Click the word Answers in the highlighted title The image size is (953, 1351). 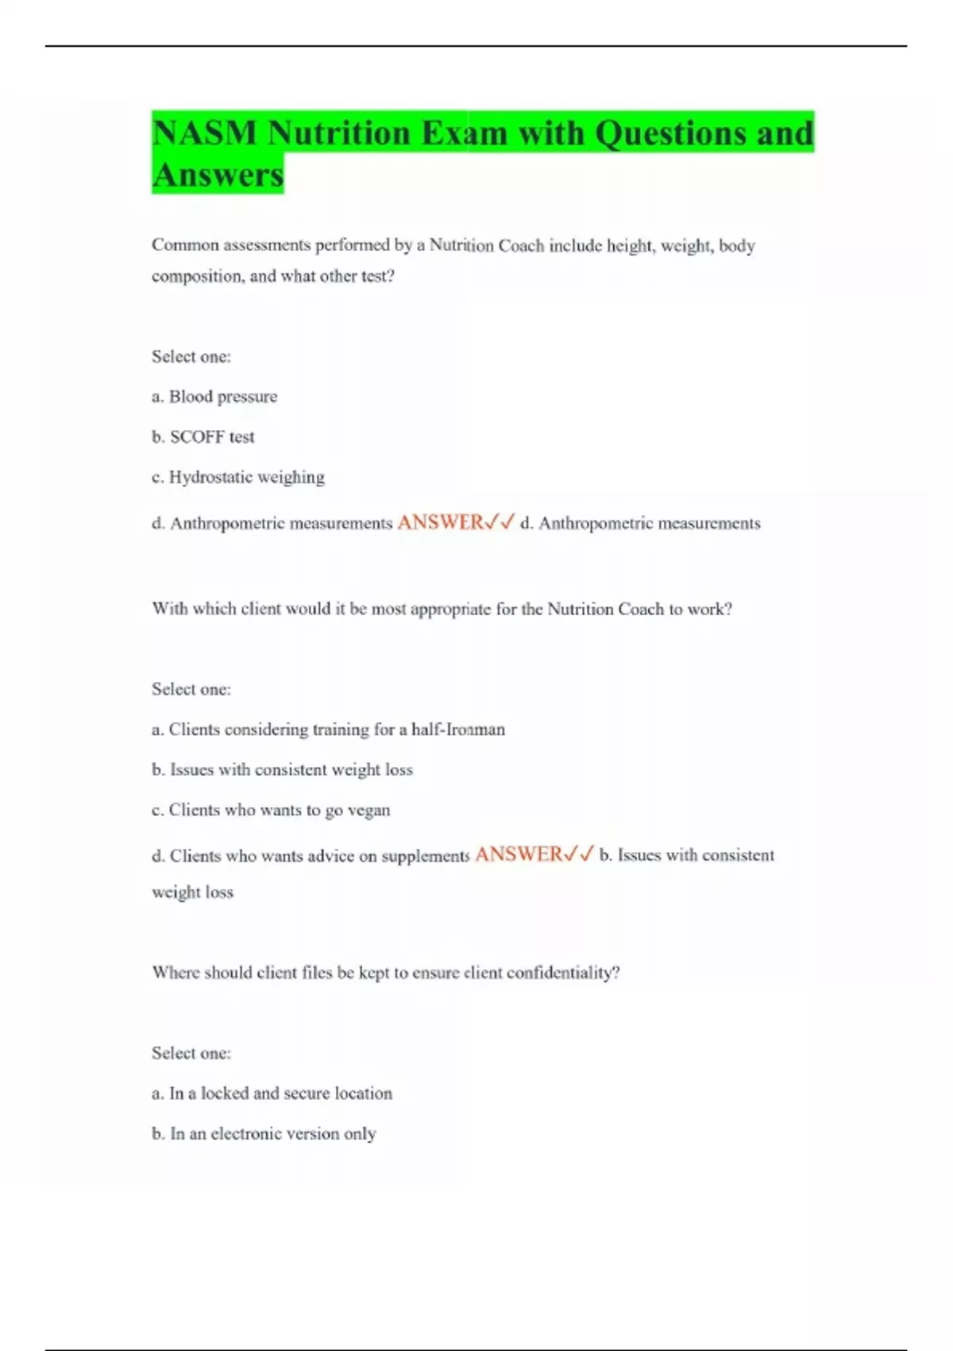(218, 175)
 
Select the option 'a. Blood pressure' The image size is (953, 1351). (214, 397)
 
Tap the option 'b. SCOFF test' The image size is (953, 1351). (203, 437)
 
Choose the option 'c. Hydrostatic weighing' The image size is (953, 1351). (238, 478)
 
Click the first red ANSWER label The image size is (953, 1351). (441, 522)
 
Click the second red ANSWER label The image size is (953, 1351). (519, 854)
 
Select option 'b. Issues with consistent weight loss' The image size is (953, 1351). (282, 770)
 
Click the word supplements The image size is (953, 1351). (426, 856)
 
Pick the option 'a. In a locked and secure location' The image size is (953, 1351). (272, 1094)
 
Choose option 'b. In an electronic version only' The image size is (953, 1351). (264, 1134)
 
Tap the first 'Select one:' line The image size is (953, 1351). (191, 357)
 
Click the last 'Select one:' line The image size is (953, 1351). (191, 1053)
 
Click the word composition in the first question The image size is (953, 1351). (198, 277)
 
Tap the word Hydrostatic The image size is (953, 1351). (209, 478)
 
